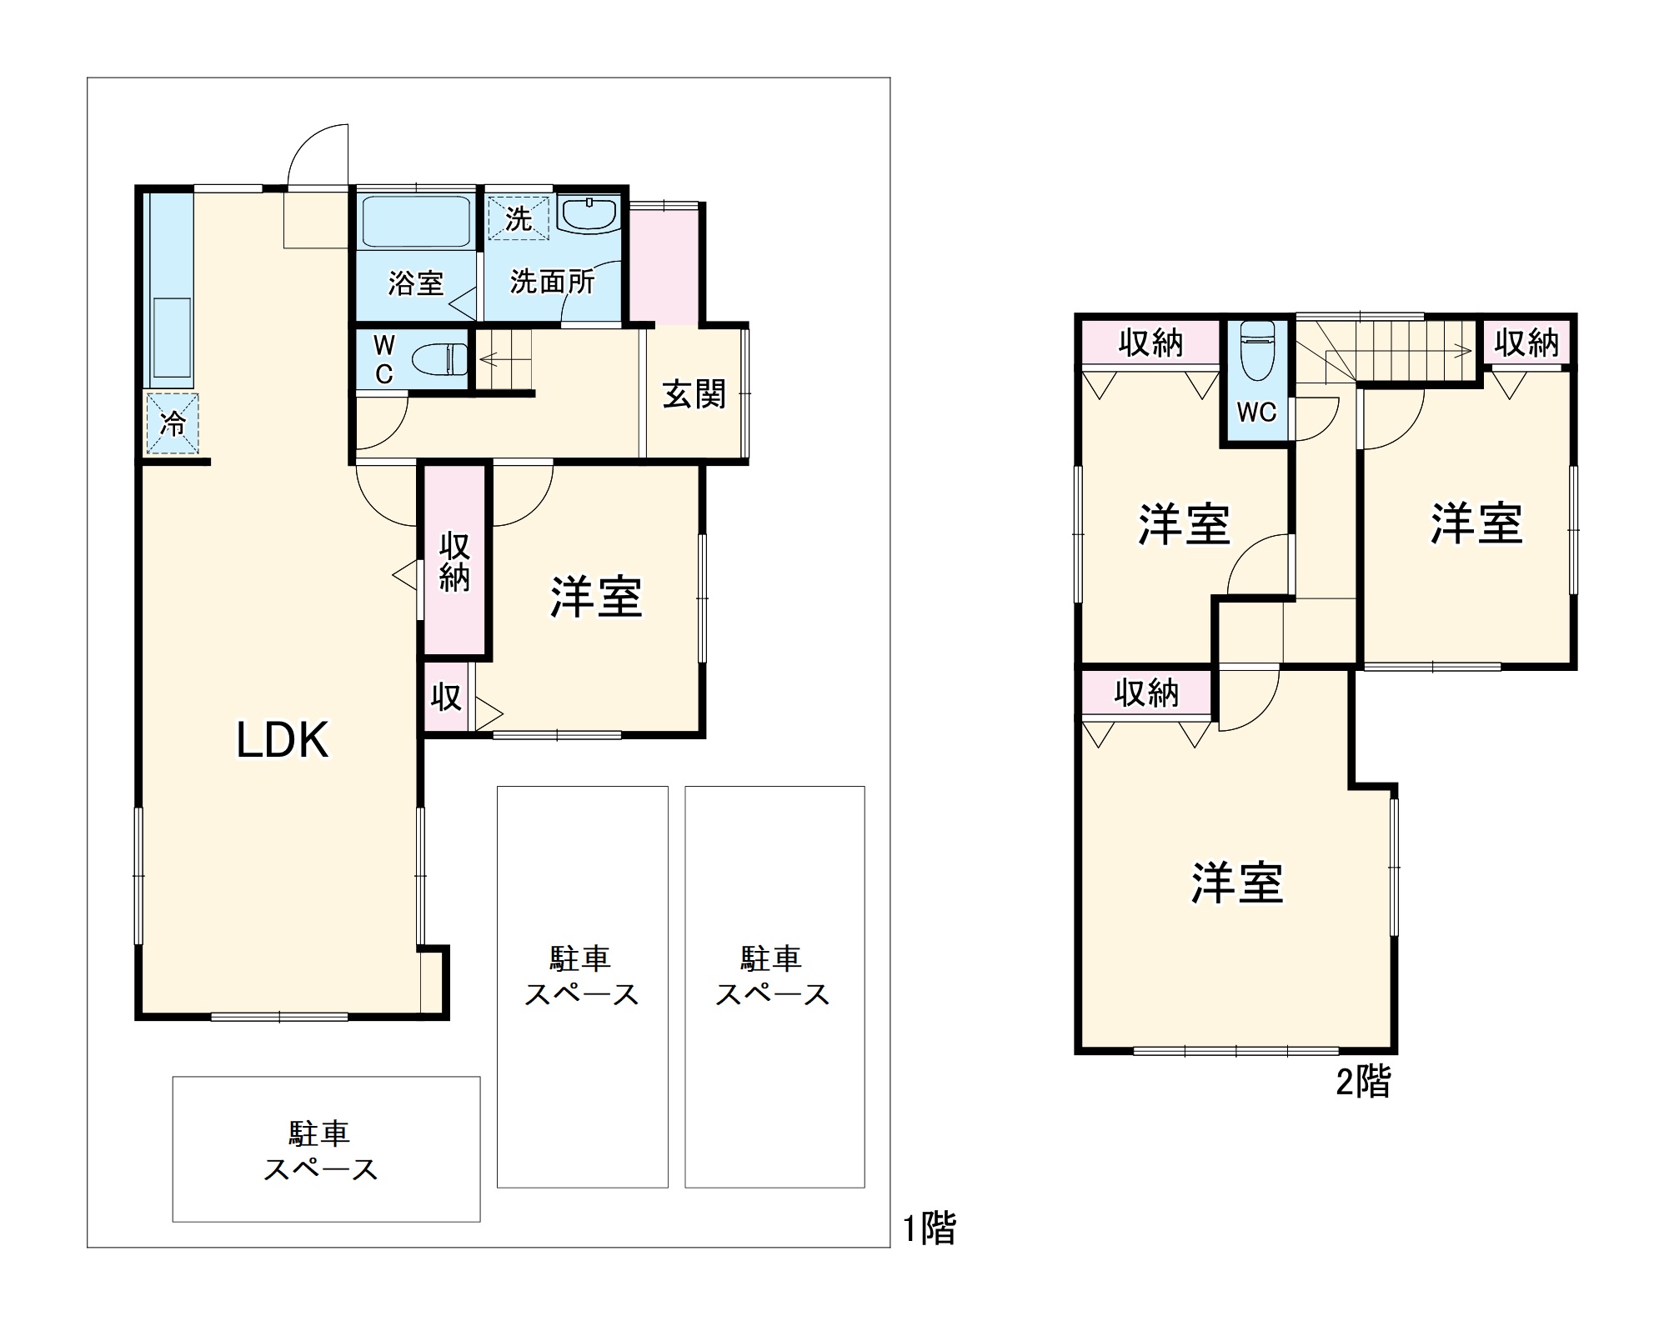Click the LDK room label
(283, 739)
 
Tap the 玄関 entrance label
(694, 394)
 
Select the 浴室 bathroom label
(415, 283)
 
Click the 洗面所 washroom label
(552, 283)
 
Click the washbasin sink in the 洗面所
(589, 215)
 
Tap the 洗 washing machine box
(519, 218)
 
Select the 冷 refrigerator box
(173, 423)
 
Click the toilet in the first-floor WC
(440, 359)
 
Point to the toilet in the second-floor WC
(1257, 349)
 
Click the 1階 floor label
(930, 1228)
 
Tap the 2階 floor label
(1363, 1082)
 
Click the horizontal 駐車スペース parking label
(321, 1151)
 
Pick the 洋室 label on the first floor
(595, 597)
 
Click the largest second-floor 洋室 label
(1236, 883)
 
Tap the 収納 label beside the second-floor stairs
(1526, 343)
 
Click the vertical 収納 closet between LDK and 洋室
(454, 562)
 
